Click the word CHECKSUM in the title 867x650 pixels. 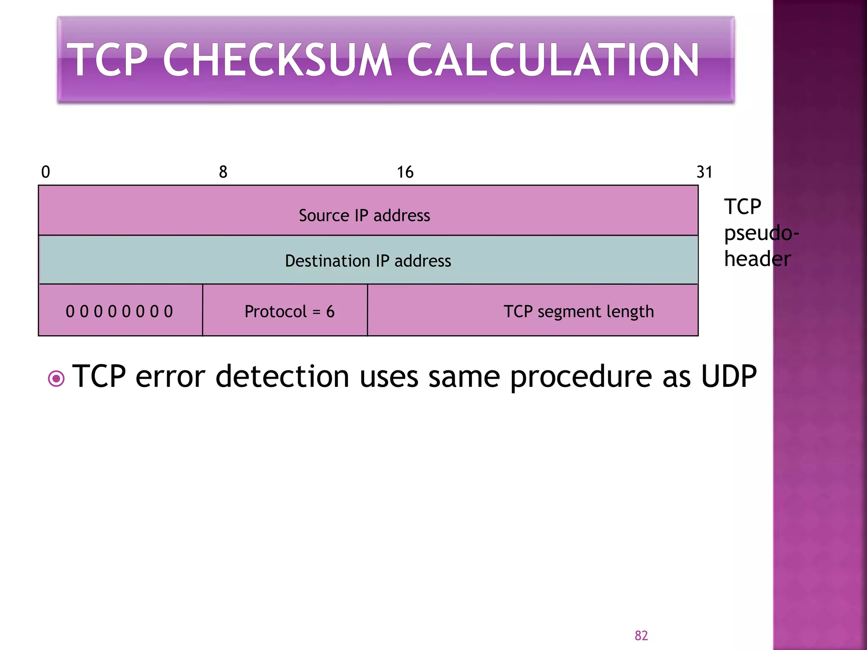[277, 60]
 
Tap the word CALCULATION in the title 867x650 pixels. [552, 60]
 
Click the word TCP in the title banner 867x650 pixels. [109, 60]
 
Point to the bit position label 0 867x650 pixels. [46, 172]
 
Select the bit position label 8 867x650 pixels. [223, 172]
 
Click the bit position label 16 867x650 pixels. [405, 172]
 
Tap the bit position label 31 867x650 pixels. [704, 172]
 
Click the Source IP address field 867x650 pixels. [364, 215]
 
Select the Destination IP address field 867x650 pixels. [368, 261]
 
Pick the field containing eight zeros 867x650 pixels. [119, 311]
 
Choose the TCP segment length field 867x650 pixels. [579, 311]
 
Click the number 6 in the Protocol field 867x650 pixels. [330, 312]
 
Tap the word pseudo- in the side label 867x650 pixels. [761, 233]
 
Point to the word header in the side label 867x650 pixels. [757, 259]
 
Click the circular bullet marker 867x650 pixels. [56, 378]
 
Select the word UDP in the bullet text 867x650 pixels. [729, 376]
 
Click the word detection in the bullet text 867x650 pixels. [282, 376]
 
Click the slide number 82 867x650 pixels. [641, 635]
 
